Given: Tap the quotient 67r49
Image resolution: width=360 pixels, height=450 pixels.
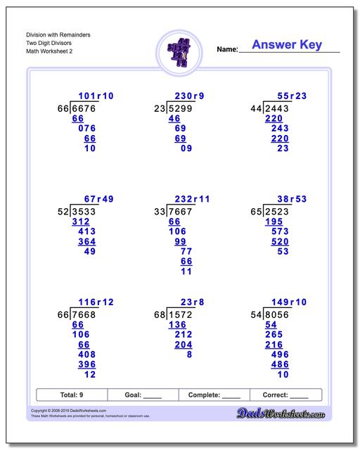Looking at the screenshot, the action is pyautogui.click(x=99, y=199).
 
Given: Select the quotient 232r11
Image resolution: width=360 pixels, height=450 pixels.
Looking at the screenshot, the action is pyautogui.click(x=191, y=199).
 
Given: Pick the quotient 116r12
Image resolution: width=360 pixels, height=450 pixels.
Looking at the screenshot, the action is pyautogui.click(x=96, y=301).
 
